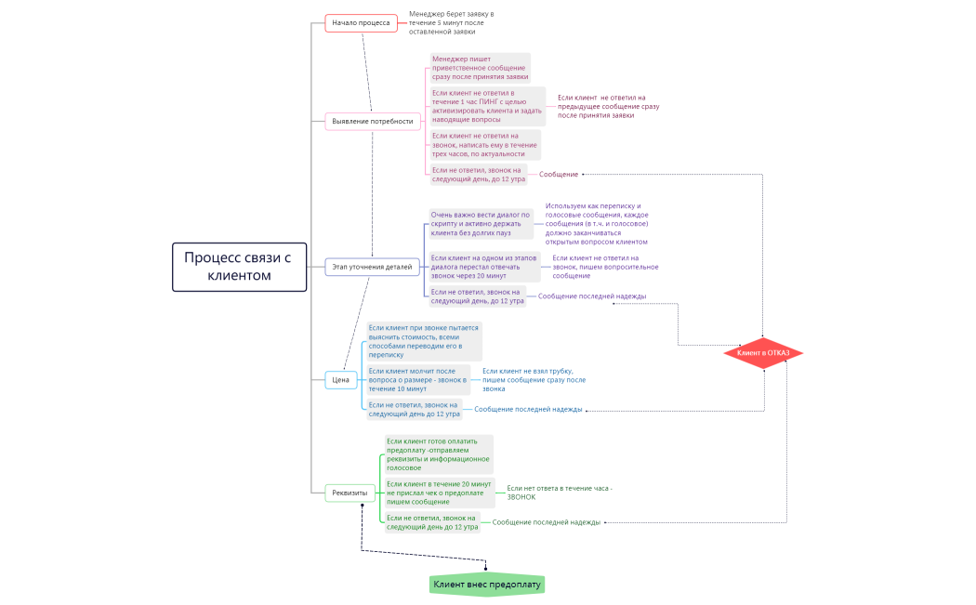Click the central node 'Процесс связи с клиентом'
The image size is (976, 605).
pyautogui.click(x=239, y=267)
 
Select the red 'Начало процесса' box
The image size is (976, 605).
pyautogui.click(x=362, y=23)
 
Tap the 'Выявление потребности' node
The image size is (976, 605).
pyautogui.click(x=372, y=121)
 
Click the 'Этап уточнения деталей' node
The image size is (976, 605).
pyautogui.click(x=372, y=267)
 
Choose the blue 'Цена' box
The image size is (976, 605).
pyautogui.click(x=341, y=379)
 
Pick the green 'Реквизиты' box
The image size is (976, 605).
pyautogui.click(x=350, y=493)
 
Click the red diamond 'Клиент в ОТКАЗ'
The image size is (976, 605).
pyautogui.click(x=763, y=353)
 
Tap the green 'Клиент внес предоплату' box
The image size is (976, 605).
pyautogui.click(x=487, y=585)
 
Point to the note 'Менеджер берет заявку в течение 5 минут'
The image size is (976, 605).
pyautogui.click(x=452, y=23)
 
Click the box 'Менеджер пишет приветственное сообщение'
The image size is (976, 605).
pyautogui.click(x=480, y=68)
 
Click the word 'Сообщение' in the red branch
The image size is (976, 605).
pyautogui.click(x=559, y=175)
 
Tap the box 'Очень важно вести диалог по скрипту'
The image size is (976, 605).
pyautogui.click(x=480, y=224)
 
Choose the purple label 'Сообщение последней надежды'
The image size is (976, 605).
pyautogui.click(x=592, y=296)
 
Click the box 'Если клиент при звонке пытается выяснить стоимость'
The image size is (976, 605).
pyautogui.click(x=424, y=341)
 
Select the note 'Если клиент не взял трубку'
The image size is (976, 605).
pyautogui.click(x=534, y=379)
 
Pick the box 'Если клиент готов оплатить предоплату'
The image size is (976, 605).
pyautogui.click(x=439, y=454)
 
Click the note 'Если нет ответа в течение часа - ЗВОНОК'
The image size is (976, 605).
pyautogui.click(x=560, y=493)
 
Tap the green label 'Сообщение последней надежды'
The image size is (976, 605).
pyautogui.click(x=547, y=522)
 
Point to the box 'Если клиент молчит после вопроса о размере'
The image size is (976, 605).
pyautogui.click(x=417, y=379)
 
